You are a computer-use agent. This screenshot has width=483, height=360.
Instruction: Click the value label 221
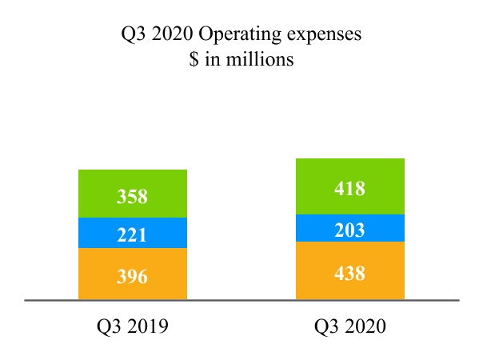click(133, 235)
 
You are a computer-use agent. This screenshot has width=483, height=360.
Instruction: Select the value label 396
click(133, 277)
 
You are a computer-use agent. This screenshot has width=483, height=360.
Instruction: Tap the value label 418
click(350, 190)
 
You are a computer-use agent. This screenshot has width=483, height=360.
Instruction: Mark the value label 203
click(350, 230)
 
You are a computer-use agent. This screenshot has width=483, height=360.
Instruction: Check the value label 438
click(350, 273)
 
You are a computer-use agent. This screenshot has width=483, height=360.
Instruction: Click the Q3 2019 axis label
click(133, 326)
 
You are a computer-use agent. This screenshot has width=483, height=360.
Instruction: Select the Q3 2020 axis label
click(350, 326)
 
